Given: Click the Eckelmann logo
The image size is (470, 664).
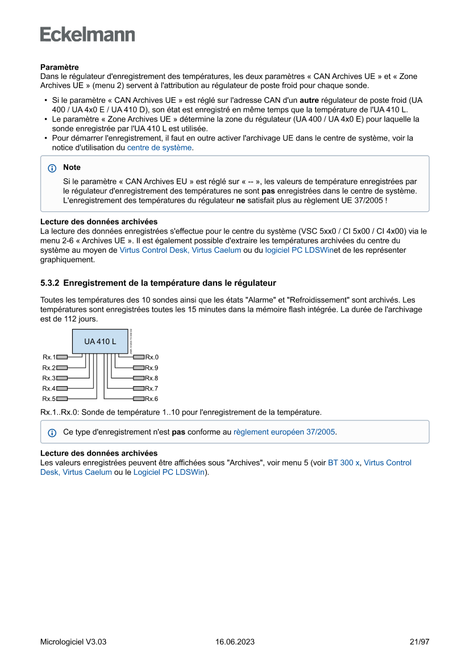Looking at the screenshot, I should click(88, 34).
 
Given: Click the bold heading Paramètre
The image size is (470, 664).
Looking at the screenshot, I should click(59, 68).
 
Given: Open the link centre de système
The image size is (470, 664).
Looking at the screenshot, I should click(159, 147).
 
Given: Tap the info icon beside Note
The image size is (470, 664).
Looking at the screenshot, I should click(52, 168).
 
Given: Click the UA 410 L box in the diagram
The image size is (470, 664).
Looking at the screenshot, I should click(100, 341).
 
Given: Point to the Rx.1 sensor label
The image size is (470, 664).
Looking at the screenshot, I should click(48, 357).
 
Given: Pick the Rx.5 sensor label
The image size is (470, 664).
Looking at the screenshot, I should click(48, 399).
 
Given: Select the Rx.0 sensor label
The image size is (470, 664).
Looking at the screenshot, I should click(152, 357).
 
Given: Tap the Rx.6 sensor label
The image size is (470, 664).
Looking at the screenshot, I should click(152, 399).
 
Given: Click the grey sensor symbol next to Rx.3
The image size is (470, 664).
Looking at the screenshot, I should click(62, 378).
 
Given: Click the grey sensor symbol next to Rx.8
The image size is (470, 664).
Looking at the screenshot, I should click(138, 378).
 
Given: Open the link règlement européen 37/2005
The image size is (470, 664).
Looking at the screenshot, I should click(284, 432).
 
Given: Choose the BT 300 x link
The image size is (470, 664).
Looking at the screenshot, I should click(344, 463).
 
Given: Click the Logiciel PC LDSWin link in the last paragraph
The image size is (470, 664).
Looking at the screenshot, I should click(169, 472).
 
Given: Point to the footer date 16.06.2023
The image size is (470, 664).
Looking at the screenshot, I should click(235, 642).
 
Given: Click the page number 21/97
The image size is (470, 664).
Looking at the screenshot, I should click(419, 642).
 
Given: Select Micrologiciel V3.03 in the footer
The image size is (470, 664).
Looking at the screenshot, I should click(73, 642).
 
